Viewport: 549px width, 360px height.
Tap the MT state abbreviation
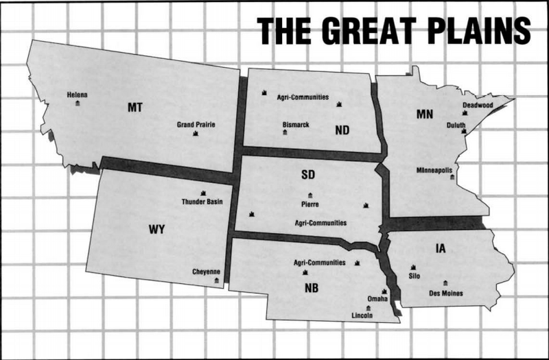tap(135, 107)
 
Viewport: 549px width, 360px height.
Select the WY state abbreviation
tap(157, 228)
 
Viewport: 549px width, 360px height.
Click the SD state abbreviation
tap(308, 176)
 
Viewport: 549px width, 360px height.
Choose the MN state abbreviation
tap(425, 114)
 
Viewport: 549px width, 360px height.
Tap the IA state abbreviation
tap(440, 248)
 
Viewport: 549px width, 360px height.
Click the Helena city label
tap(77, 95)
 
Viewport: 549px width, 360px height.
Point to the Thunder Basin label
tap(202, 202)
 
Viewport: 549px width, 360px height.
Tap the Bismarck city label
tap(296, 124)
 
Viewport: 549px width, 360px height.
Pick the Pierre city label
tap(310, 204)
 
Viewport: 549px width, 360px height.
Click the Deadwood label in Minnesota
tap(478, 105)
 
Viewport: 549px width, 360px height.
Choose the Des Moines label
tap(445, 293)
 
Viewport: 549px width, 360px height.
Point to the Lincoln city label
tap(362, 315)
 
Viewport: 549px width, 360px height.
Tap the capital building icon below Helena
tap(77, 103)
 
